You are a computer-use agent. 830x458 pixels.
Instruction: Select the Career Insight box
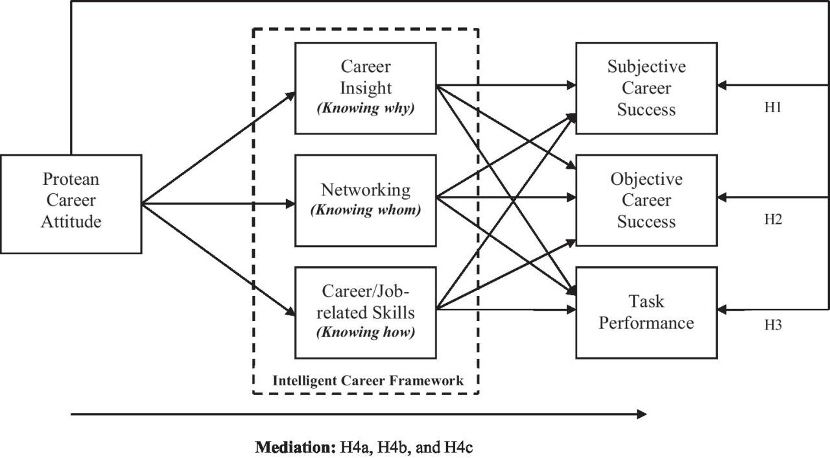[x=365, y=88]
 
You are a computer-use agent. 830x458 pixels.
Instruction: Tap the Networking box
[x=365, y=200]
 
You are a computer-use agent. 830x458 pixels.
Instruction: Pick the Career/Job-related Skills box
[x=365, y=312]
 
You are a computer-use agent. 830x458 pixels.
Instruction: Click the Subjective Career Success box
[x=646, y=88]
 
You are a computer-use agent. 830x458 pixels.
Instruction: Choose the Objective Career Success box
[x=646, y=200]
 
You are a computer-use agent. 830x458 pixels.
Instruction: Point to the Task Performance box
[x=646, y=312]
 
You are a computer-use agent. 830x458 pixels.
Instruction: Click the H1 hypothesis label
[x=772, y=108]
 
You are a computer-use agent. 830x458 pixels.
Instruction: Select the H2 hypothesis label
[x=772, y=219]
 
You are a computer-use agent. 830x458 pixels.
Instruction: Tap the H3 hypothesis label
[x=772, y=325]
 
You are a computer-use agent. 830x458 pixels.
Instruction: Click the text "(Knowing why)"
[x=365, y=108]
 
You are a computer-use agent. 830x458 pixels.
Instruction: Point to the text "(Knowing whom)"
[x=365, y=210]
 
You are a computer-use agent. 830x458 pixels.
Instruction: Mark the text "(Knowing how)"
[x=365, y=333]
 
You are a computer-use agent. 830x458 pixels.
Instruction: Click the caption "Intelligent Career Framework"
[x=368, y=381]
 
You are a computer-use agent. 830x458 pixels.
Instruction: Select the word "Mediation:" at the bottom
[x=295, y=446]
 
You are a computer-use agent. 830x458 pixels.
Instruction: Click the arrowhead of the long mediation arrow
[x=642, y=414]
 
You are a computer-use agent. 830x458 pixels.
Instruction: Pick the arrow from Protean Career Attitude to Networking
[x=220, y=204]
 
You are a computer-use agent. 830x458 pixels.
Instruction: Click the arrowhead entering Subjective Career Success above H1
[x=722, y=85]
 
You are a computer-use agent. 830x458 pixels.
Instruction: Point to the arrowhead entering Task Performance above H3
[x=722, y=310]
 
